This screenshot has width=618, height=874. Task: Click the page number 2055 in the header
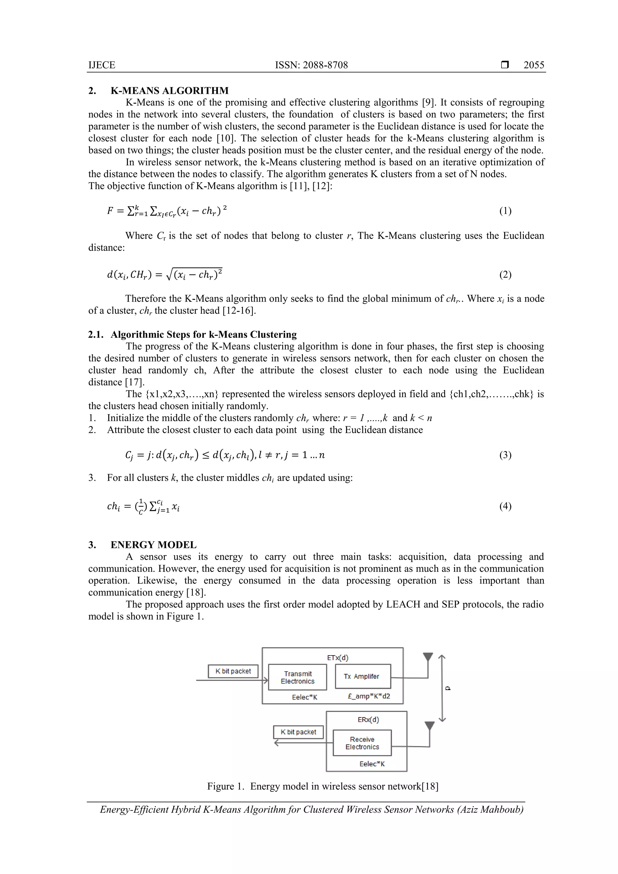(534, 65)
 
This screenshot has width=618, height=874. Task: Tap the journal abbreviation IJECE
(102, 65)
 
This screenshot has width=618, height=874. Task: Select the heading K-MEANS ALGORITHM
(170, 91)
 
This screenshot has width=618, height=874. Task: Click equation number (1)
(505, 211)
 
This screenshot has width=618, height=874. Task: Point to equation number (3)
(505, 455)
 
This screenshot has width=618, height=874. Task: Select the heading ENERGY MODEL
(154, 545)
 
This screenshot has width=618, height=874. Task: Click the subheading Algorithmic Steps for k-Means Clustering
(203, 335)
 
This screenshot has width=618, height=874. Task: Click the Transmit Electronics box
(298, 677)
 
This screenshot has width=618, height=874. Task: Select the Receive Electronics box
(362, 743)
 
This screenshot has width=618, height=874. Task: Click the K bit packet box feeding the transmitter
(233, 671)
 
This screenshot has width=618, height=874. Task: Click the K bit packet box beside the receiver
(298, 732)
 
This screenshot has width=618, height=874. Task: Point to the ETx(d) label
(337, 658)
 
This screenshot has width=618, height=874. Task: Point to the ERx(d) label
(368, 720)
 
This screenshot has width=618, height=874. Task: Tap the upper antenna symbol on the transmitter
(428, 657)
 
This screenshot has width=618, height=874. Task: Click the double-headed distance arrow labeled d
(442, 688)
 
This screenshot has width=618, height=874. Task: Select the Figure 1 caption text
(323, 787)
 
